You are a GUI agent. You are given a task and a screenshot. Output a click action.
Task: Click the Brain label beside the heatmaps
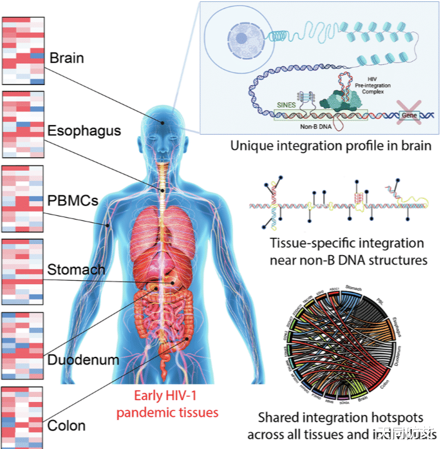[66, 58]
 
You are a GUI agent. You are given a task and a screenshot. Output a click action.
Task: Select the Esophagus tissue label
[84, 131]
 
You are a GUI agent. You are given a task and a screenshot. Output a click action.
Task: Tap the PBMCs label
[73, 200]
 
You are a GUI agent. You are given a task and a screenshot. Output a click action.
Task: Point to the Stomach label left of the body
[76, 269]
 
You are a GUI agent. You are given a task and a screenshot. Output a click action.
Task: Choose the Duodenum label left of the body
[83, 359]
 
